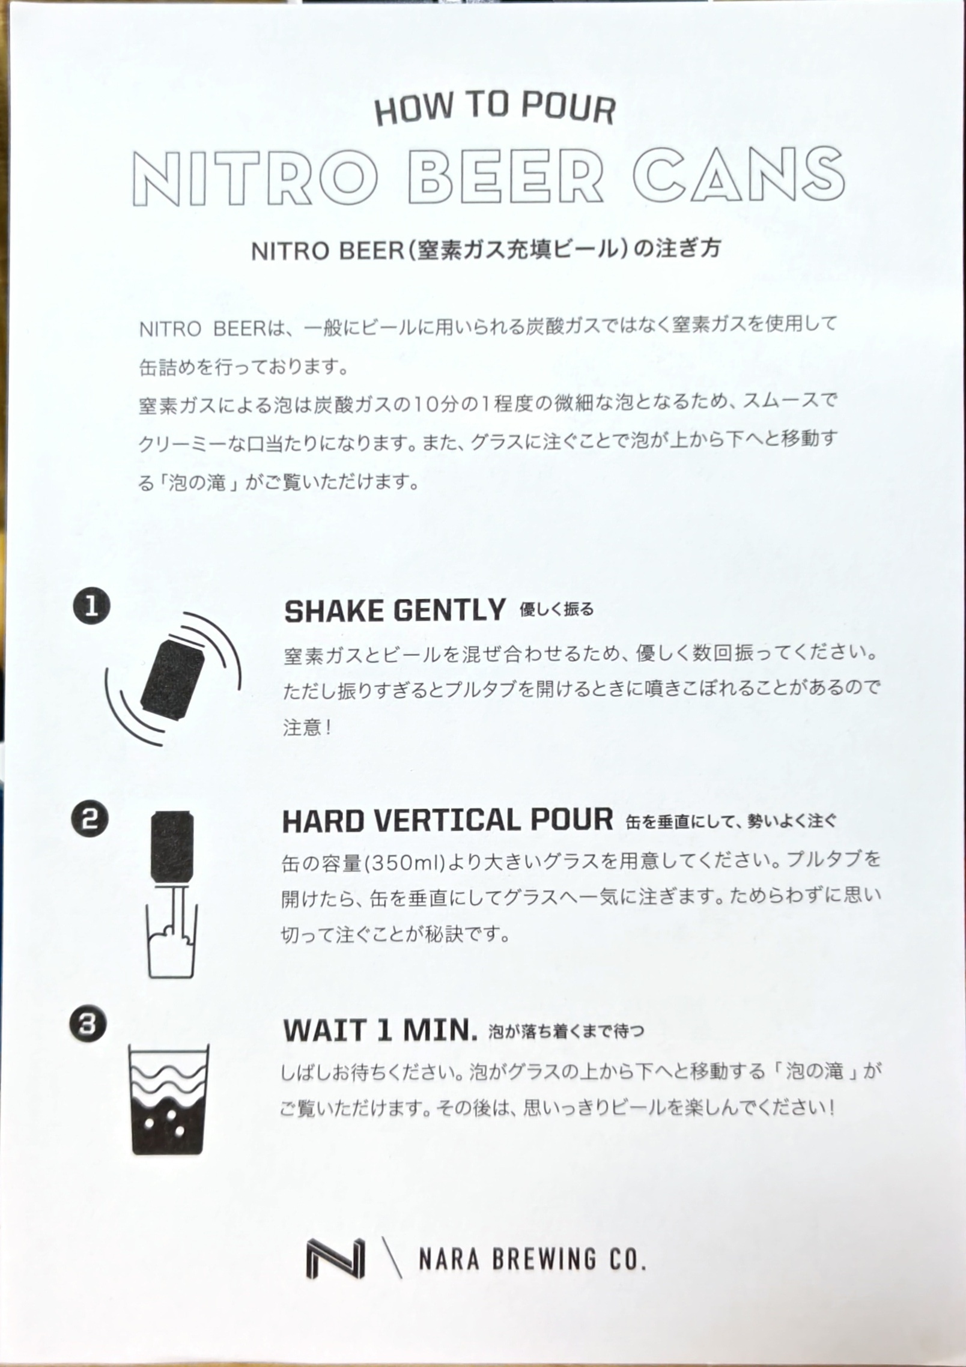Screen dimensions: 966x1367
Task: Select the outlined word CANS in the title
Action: [735, 174]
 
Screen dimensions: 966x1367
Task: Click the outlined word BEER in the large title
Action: [505, 175]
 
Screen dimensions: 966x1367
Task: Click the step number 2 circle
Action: [90, 820]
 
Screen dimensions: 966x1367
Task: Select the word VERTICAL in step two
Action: [439, 820]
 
